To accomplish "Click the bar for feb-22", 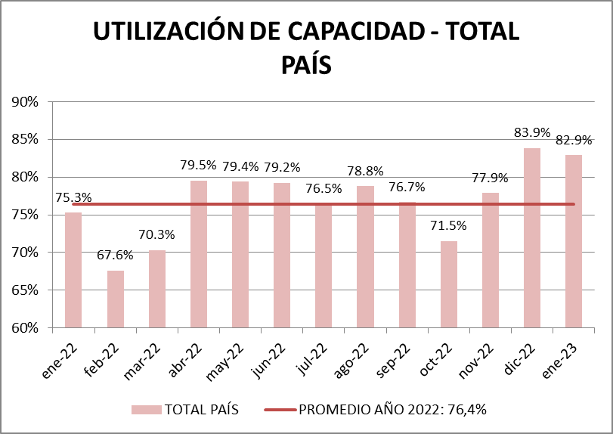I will coord(115,299).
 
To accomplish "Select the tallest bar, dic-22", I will coord(531,237).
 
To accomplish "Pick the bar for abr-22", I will coord(199,254).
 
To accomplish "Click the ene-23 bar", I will coord(573,241).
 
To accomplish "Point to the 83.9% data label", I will coord(532,132).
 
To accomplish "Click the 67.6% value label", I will coord(115,255).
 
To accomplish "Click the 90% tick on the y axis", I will coord(25,101).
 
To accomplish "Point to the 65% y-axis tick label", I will coord(25,290).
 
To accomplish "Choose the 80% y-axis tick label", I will coord(25,177).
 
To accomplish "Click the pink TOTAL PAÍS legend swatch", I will coord(147,409).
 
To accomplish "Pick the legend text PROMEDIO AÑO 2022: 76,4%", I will coord(392,409).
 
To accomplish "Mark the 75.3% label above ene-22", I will coord(73,198).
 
